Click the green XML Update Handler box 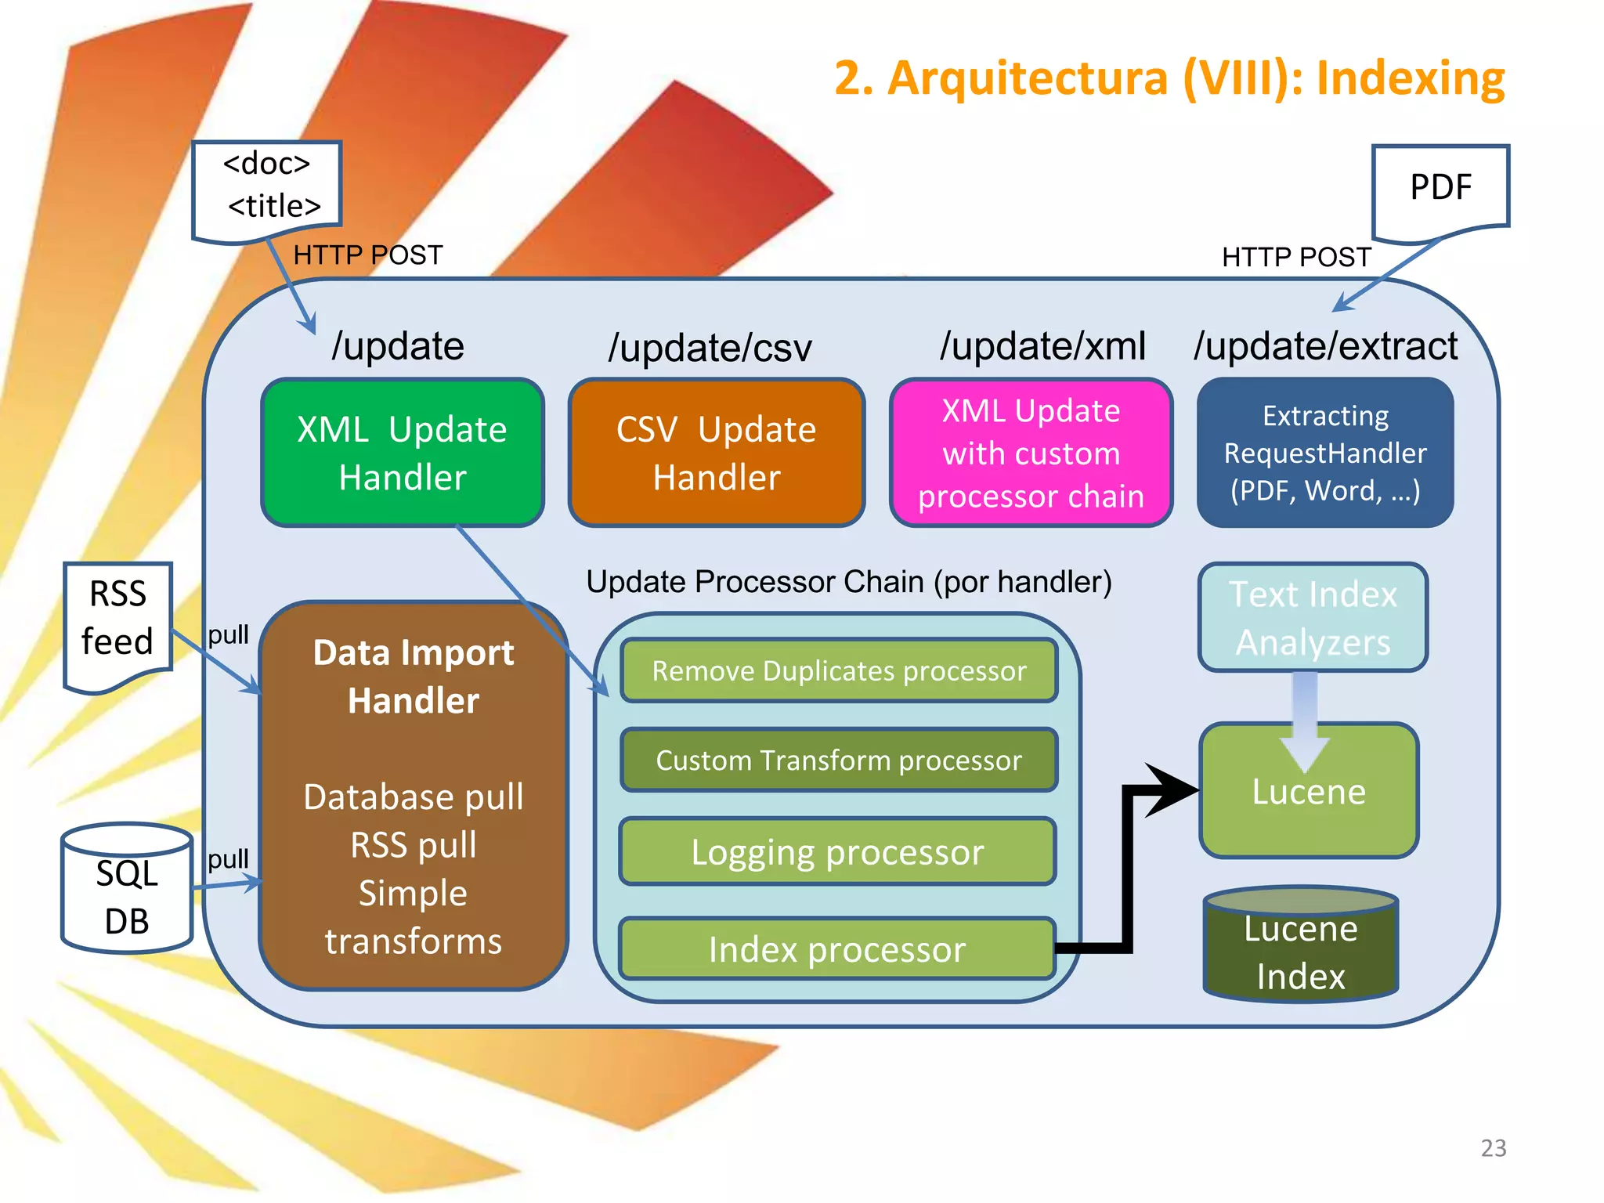[403, 453]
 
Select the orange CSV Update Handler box [716, 453]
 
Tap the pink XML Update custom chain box [1031, 453]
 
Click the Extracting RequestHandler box [1325, 453]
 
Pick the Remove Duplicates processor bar [838, 671]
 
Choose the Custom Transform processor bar [838, 760]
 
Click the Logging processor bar [836, 851]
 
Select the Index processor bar [836, 949]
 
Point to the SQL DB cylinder [127, 889]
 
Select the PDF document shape [1440, 190]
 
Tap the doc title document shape [268, 188]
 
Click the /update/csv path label [710, 348]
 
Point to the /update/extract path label [1325, 346]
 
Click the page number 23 [1493, 1147]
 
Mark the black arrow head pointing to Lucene [1173, 789]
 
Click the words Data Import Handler [414, 676]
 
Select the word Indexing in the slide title [1410, 78]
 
